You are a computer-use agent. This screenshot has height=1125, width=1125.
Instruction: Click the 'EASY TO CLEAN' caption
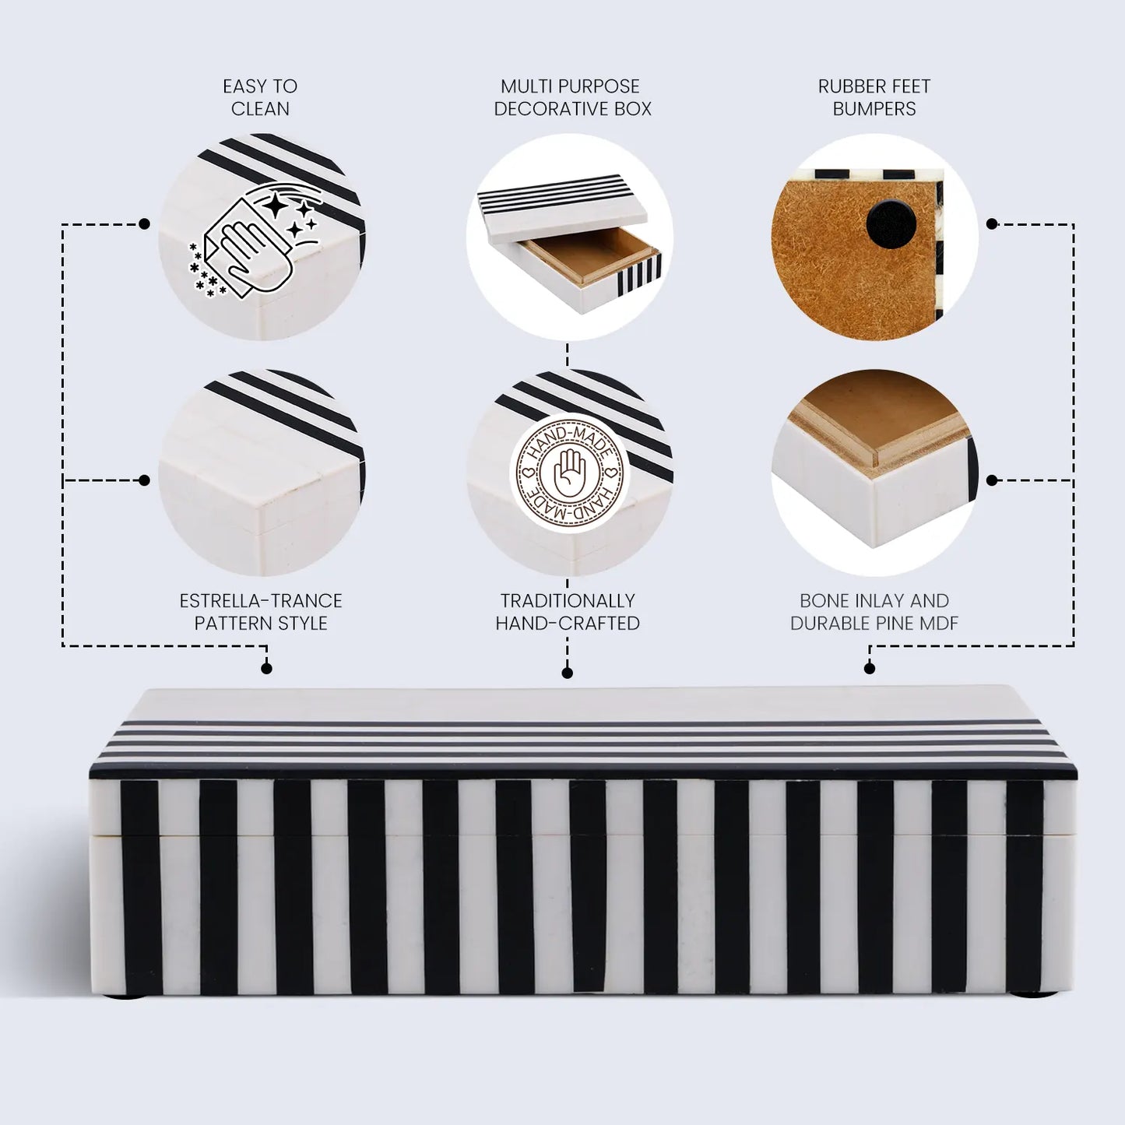[x=260, y=97]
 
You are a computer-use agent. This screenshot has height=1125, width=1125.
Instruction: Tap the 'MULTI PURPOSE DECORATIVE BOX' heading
[x=571, y=97]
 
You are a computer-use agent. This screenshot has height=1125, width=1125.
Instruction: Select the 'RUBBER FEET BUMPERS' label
[x=874, y=97]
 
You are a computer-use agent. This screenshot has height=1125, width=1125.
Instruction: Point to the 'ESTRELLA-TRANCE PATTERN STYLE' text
[x=261, y=612]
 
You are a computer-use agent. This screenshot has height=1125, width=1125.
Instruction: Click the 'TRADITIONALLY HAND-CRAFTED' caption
[x=568, y=612]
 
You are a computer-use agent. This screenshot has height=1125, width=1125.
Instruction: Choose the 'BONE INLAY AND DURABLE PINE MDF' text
[x=874, y=612]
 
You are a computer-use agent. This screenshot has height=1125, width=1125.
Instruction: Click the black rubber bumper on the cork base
[x=891, y=224]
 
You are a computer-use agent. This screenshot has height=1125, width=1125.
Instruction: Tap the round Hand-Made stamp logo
[x=570, y=473]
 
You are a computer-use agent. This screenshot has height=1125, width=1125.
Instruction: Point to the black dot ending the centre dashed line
[x=568, y=673]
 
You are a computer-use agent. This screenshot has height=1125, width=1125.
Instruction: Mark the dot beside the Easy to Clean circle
[x=144, y=224]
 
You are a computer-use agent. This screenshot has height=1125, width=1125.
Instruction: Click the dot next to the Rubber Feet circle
[x=991, y=224]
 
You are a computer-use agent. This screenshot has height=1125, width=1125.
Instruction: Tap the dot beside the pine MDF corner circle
[x=991, y=480]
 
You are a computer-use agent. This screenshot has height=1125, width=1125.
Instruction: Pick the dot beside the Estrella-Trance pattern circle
[x=144, y=480]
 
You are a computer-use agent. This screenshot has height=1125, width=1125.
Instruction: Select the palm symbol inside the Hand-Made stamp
[x=570, y=473]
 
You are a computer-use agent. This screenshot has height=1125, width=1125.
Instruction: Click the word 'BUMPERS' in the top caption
[x=874, y=109]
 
